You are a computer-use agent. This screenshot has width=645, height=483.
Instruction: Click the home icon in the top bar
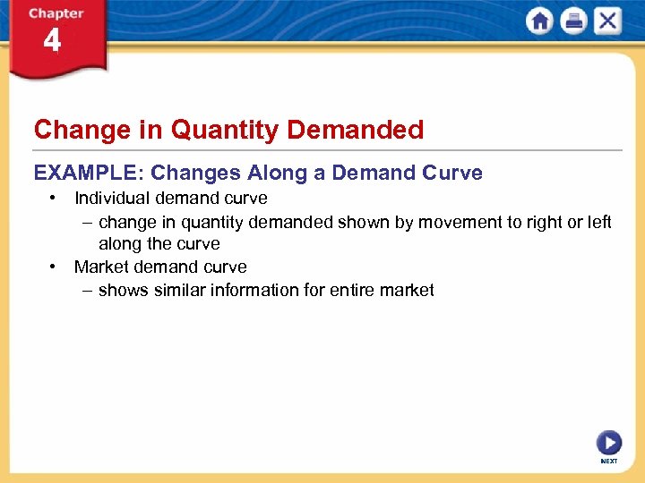pyautogui.click(x=540, y=21)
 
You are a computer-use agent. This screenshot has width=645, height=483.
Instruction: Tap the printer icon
pyautogui.click(x=573, y=21)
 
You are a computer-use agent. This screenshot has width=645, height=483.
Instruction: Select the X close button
pyautogui.click(x=606, y=21)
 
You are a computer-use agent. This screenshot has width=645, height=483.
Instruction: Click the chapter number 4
pyautogui.click(x=52, y=41)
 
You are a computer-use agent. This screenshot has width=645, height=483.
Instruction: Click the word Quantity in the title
pyautogui.click(x=225, y=131)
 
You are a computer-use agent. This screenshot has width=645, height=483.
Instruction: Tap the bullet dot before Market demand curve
pyautogui.click(x=55, y=267)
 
